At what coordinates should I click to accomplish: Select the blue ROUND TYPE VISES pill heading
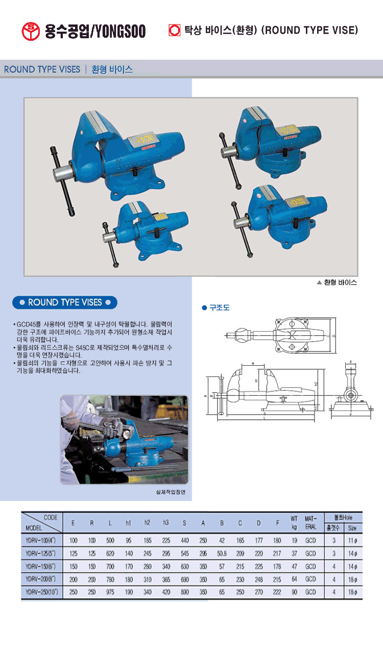click(65, 302)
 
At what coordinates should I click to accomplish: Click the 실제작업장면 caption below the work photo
click(172, 493)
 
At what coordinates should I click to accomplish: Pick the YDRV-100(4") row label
click(41, 540)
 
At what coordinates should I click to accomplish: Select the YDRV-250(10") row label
click(42, 593)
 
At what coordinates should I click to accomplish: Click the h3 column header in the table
click(165, 523)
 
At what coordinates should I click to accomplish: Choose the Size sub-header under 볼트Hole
click(352, 528)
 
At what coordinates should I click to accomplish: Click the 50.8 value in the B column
click(222, 553)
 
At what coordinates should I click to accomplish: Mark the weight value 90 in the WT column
click(294, 593)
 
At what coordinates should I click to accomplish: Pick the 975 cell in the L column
click(110, 593)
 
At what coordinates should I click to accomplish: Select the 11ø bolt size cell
click(352, 540)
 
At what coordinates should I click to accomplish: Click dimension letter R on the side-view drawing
click(252, 364)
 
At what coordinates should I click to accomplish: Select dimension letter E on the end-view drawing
click(351, 362)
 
